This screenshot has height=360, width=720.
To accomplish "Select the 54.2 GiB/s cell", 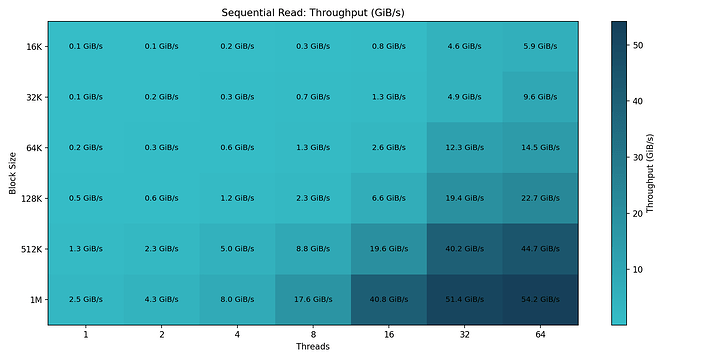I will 540,299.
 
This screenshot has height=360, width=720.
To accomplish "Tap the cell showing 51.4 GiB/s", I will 464,299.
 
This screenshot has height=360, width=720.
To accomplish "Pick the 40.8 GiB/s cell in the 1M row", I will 389,299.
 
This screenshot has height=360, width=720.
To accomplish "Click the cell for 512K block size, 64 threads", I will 540,248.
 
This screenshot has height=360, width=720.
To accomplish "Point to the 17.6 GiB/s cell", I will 313,299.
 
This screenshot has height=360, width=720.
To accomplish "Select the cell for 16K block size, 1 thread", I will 85,46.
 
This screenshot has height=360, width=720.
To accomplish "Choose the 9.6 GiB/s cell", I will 540,97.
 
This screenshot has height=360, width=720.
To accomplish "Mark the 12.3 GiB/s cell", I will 464,147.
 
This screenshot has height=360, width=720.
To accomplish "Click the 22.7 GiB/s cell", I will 540,198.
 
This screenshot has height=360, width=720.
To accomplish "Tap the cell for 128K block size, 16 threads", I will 389,198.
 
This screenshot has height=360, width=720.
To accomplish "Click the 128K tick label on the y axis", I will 29,198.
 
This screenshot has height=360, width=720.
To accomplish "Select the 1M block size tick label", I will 33,299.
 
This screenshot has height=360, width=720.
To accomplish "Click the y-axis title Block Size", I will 12,172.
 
